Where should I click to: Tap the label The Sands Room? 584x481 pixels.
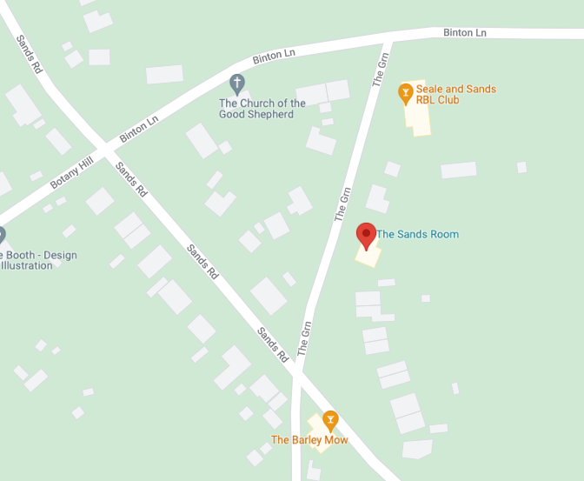click(417, 234)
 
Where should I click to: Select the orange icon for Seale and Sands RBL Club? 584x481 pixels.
click(405, 91)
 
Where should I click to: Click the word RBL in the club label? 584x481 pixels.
click(427, 100)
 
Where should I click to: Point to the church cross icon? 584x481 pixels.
click(236, 84)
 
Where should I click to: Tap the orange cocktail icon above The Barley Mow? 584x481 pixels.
click(330, 420)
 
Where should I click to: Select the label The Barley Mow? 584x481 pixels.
click(309, 440)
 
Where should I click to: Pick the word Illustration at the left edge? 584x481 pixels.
click(26, 265)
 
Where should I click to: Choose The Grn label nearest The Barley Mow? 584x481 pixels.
click(304, 339)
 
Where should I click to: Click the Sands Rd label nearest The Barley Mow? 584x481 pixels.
click(272, 345)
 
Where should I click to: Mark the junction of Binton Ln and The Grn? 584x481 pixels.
click(389, 40)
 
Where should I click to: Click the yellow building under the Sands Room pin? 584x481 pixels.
click(368, 254)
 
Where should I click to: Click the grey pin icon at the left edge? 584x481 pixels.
click(2, 235)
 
